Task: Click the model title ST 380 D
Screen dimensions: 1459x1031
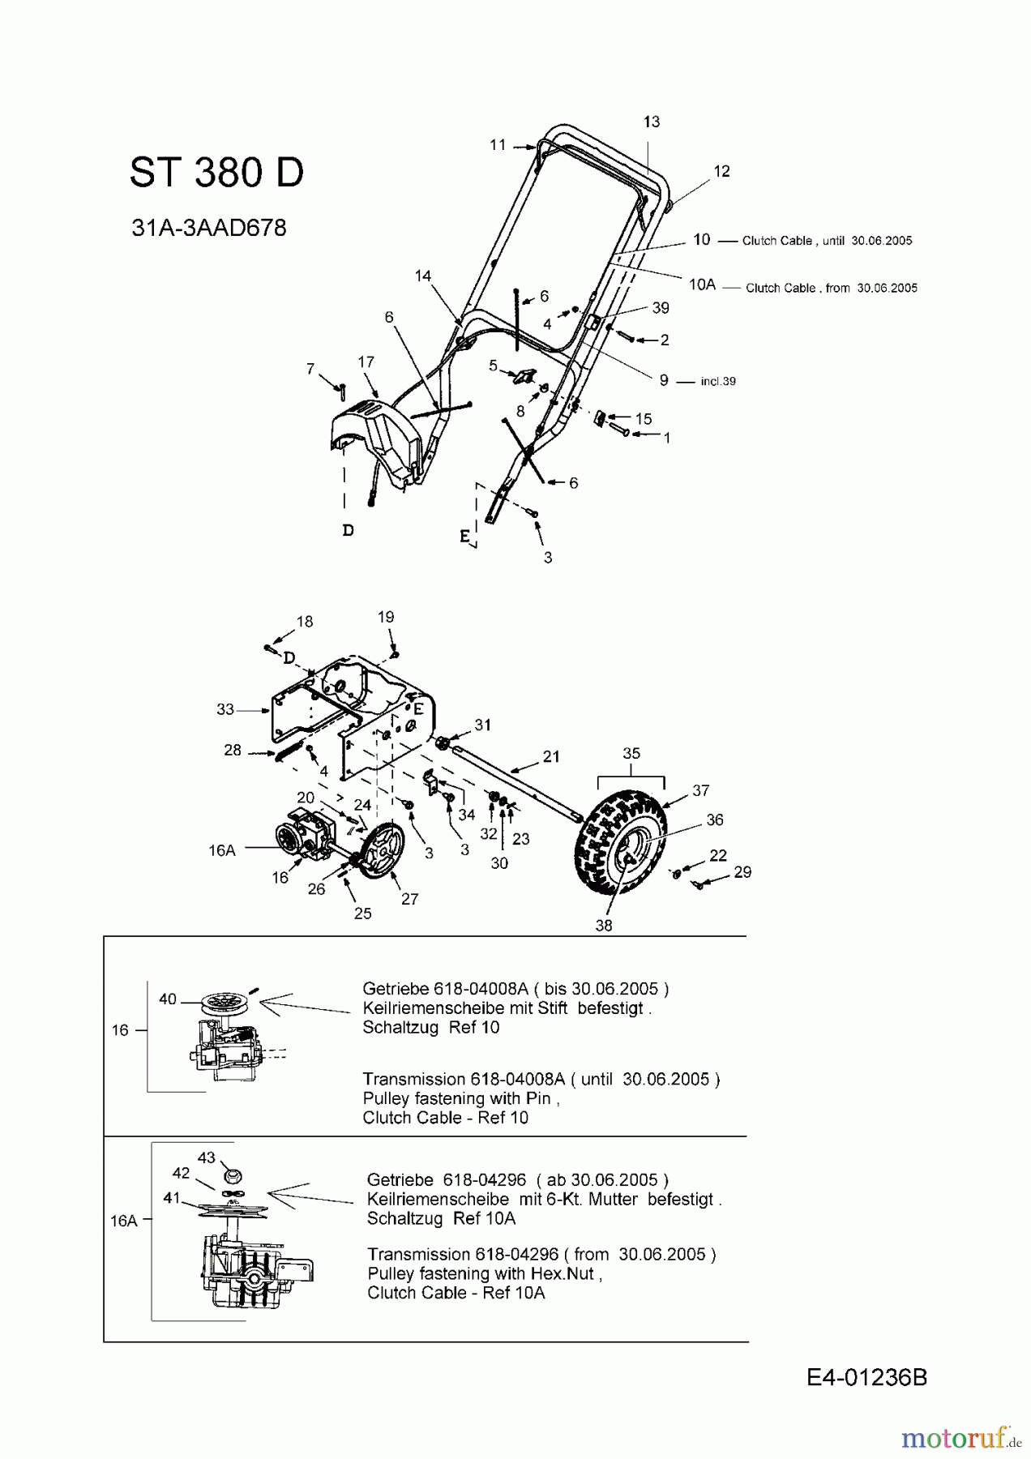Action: [216, 173]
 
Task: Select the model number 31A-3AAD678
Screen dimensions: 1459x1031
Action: [209, 229]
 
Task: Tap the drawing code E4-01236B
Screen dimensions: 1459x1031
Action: [866, 1377]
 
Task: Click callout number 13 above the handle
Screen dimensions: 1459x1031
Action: [652, 122]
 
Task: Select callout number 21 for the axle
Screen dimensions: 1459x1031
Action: [551, 756]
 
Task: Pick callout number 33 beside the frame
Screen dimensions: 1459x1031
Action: [225, 709]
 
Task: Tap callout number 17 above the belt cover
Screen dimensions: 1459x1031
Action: [366, 362]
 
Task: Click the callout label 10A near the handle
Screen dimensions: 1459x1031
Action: [702, 285]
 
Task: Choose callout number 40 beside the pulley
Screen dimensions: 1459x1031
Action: [168, 999]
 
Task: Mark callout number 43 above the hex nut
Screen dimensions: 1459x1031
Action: [207, 1157]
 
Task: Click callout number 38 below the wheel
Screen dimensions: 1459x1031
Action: [604, 926]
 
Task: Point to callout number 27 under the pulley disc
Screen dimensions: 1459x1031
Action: [410, 899]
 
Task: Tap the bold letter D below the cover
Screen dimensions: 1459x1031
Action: [348, 530]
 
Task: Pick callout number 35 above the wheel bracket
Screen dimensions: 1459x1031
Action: [631, 753]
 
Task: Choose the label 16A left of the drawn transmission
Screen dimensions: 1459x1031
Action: [221, 850]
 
